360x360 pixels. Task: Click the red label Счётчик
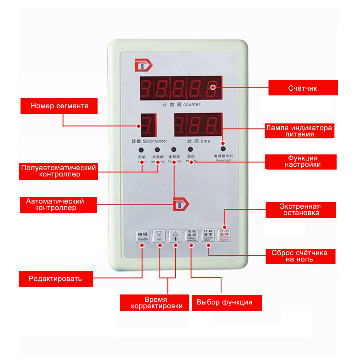point(303,88)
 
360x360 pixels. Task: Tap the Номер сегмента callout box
point(59,106)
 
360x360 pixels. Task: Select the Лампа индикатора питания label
point(299,131)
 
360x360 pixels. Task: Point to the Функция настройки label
point(301,162)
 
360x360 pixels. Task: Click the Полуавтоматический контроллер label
point(58,171)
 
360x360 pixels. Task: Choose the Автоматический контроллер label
point(58,205)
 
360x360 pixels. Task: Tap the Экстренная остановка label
point(301,210)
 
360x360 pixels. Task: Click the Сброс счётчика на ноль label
point(301,256)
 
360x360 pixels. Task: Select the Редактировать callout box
point(56,279)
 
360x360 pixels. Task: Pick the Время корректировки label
point(154,303)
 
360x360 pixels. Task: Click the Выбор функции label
point(227,302)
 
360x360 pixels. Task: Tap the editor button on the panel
point(142,236)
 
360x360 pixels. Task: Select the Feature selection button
point(191,235)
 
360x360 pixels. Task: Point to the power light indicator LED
point(223,149)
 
